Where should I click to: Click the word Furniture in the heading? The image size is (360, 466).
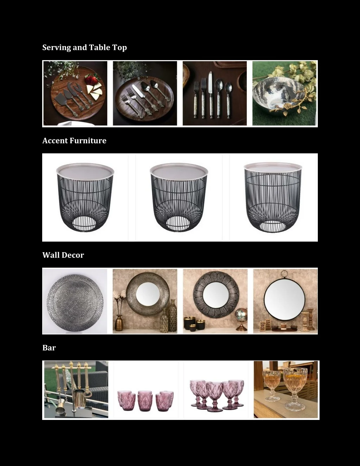[88, 141]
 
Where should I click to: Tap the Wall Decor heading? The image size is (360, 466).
[63, 255]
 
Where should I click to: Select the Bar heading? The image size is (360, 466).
[49, 348]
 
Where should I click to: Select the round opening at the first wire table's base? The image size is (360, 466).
[84, 224]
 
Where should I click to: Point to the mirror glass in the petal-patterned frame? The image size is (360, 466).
[216, 298]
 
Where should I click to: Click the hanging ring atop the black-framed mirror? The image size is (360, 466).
[284, 274]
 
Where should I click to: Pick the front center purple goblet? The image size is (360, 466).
[215, 396]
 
